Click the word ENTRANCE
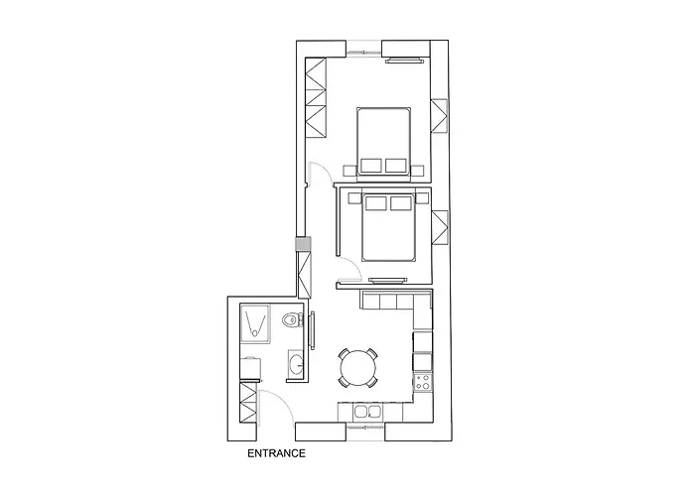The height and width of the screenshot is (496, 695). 275,455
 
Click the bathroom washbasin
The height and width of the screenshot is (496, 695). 295,364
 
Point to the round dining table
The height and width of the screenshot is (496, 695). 357,368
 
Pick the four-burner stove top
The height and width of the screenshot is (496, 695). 422,380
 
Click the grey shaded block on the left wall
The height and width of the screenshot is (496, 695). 302,244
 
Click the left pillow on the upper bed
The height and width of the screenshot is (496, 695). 372,164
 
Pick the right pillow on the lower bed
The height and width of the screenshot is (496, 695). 400,204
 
